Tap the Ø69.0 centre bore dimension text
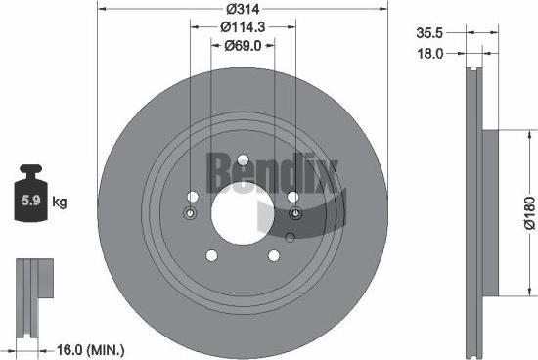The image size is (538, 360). [244, 45]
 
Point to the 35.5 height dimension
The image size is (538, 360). [431, 32]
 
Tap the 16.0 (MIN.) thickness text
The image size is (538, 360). [93, 347]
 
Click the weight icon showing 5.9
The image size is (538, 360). [30, 202]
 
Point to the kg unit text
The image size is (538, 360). [59, 203]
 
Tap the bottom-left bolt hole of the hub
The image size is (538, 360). [211, 256]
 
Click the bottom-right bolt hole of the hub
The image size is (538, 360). [274, 256]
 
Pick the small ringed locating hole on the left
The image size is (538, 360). [190, 214]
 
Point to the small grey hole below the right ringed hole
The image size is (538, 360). [291, 236]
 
